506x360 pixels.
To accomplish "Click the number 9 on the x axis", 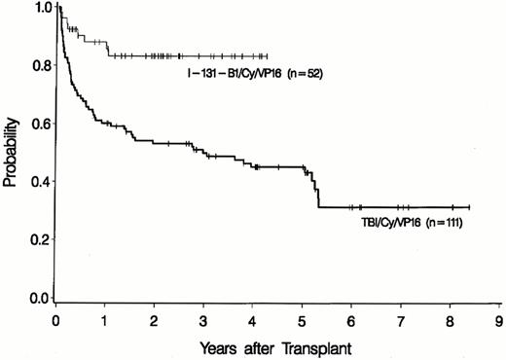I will (499, 319).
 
